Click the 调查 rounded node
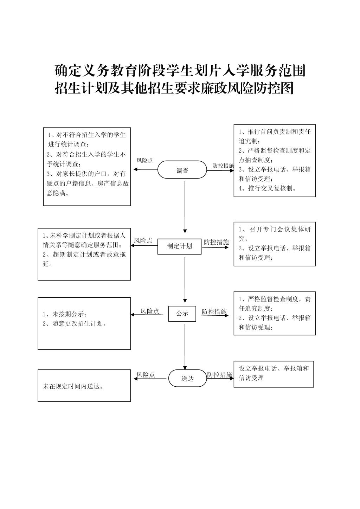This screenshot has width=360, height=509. click(182, 169)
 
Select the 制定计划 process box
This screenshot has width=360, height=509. click(179, 246)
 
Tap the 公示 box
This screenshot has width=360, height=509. click(182, 314)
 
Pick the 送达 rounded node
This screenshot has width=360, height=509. click(187, 378)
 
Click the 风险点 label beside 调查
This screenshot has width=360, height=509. click(144, 160)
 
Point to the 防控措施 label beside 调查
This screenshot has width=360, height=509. click(223, 166)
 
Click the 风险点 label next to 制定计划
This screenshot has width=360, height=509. click(143, 241)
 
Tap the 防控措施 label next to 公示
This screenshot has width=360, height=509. click(214, 311)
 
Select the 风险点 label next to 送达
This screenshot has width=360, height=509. click(146, 375)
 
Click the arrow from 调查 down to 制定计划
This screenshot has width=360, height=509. click(185, 207)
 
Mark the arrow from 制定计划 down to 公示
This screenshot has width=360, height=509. click(185, 280)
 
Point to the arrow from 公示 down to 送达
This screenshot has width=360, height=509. click(185, 347)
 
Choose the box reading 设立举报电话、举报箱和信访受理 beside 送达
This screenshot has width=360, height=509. click(274, 374)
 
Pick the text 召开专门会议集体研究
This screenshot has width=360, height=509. click(275, 234)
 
